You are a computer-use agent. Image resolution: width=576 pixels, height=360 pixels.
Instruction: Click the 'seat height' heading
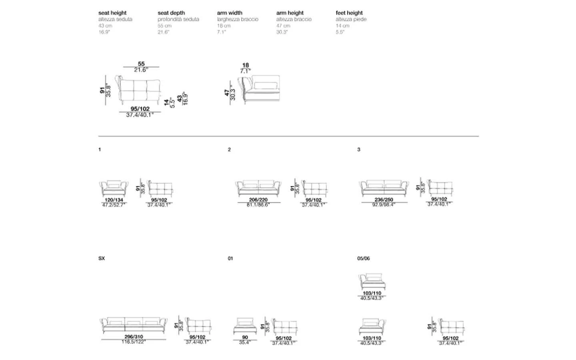click(112, 13)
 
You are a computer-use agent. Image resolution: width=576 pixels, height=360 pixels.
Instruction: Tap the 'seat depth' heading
click(171, 13)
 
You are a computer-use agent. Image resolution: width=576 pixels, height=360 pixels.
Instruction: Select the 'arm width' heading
click(230, 13)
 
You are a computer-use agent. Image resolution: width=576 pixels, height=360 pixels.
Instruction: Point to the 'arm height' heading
click(290, 13)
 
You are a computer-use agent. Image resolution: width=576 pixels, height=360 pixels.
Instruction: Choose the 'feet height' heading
click(349, 13)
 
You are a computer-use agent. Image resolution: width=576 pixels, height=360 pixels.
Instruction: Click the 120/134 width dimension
click(114, 200)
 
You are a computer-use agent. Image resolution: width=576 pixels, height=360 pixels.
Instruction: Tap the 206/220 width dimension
click(258, 200)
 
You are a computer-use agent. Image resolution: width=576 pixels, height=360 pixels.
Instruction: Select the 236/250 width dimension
click(384, 200)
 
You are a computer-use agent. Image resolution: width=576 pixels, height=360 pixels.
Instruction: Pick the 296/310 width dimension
click(134, 337)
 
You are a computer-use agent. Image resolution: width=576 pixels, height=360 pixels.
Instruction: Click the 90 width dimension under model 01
click(245, 338)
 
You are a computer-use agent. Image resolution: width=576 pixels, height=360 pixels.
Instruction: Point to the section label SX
click(102, 258)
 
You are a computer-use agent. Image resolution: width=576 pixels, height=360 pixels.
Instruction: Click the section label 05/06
click(364, 258)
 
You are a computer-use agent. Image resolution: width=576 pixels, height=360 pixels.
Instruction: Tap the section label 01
click(230, 258)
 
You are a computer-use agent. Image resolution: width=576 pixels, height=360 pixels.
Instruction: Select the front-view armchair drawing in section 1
click(114, 188)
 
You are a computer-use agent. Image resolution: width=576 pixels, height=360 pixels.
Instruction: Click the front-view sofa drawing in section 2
click(258, 188)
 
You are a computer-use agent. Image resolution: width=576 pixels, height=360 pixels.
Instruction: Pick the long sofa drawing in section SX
click(133, 325)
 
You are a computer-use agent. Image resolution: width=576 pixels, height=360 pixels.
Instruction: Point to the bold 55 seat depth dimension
click(141, 64)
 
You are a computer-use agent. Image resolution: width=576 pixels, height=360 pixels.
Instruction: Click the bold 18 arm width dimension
click(246, 65)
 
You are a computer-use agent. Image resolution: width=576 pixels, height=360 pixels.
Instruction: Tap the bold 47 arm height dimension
click(227, 93)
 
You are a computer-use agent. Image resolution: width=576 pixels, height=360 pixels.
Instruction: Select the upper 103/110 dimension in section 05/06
click(372, 293)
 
